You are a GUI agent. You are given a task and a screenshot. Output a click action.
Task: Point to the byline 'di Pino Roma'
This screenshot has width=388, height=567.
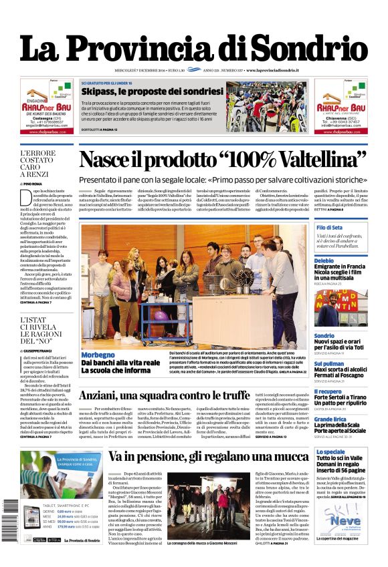tap(32, 184)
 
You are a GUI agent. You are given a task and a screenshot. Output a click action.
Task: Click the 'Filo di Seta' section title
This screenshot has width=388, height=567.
tap(329, 228)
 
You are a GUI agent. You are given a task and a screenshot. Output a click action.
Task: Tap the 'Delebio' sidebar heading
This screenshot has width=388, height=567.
tap(324, 260)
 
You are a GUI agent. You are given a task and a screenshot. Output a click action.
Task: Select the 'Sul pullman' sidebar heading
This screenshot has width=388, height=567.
tap(329, 363)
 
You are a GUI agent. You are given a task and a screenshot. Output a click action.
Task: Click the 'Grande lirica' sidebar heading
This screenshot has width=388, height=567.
tap(330, 419)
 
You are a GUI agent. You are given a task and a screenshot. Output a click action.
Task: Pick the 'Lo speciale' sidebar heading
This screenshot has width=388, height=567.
tap(330, 452)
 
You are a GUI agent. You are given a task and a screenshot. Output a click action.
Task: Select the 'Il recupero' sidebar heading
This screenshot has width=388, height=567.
tap(328, 391)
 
